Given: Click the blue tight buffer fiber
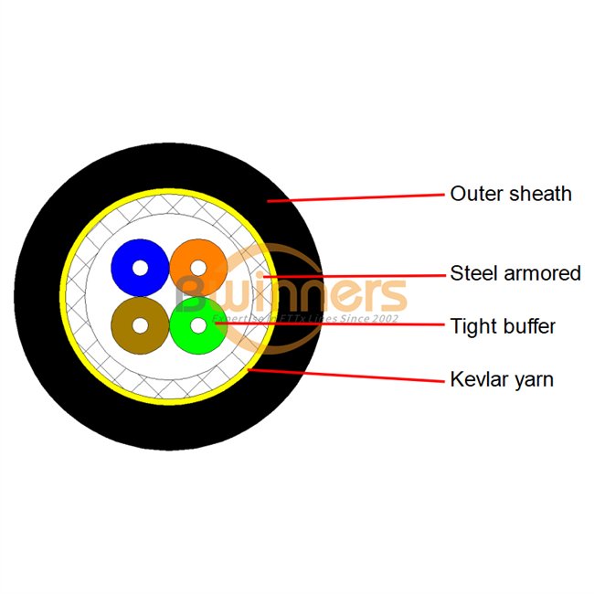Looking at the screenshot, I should [x=128, y=256].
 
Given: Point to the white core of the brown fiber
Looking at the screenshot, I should [x=140, y=324].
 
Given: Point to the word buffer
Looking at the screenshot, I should [x=528, y=326].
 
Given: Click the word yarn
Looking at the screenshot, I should [x=534, y=380].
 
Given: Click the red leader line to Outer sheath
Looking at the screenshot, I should [x=356, y=197].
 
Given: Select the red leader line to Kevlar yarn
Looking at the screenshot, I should [x=347, y=374].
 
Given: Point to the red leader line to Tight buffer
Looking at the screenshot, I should [x=329, y=324].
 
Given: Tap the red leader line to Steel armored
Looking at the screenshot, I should [x=356, y=274].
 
